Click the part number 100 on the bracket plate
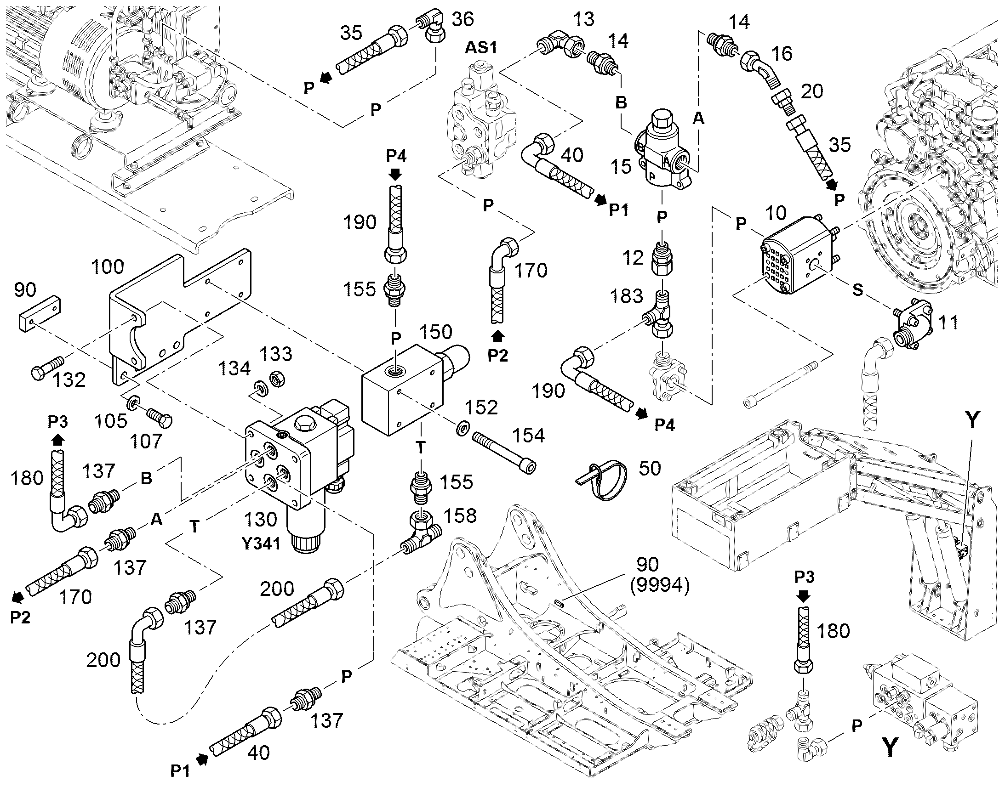[x=108, y=267]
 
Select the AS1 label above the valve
[x=481, y=47]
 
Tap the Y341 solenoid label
[x=261, y=544]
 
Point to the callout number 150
[x=436, y=332]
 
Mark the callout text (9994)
[x=659, y=586]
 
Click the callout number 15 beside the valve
[x=621, y=166]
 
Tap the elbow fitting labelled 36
[x=432, y=29]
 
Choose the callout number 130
[x=261, y=520]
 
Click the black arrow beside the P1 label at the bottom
[x=202, y=759]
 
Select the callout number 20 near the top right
[x=812, y=92]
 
